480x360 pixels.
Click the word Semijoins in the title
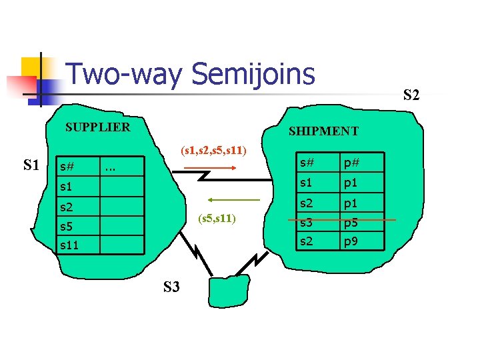point(253,74)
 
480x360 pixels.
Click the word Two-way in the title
point(124,74)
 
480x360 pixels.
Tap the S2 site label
point(411,95)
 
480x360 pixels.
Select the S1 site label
point(31,164)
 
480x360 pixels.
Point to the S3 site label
point(171,287)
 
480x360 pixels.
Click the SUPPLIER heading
point(97,127)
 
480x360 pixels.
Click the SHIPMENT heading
point(323,131)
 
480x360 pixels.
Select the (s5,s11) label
point(219,219)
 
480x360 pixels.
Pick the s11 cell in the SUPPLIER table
point(69,245)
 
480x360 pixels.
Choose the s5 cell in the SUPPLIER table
point(66,227)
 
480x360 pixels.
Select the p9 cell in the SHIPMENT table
point(351,241)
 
